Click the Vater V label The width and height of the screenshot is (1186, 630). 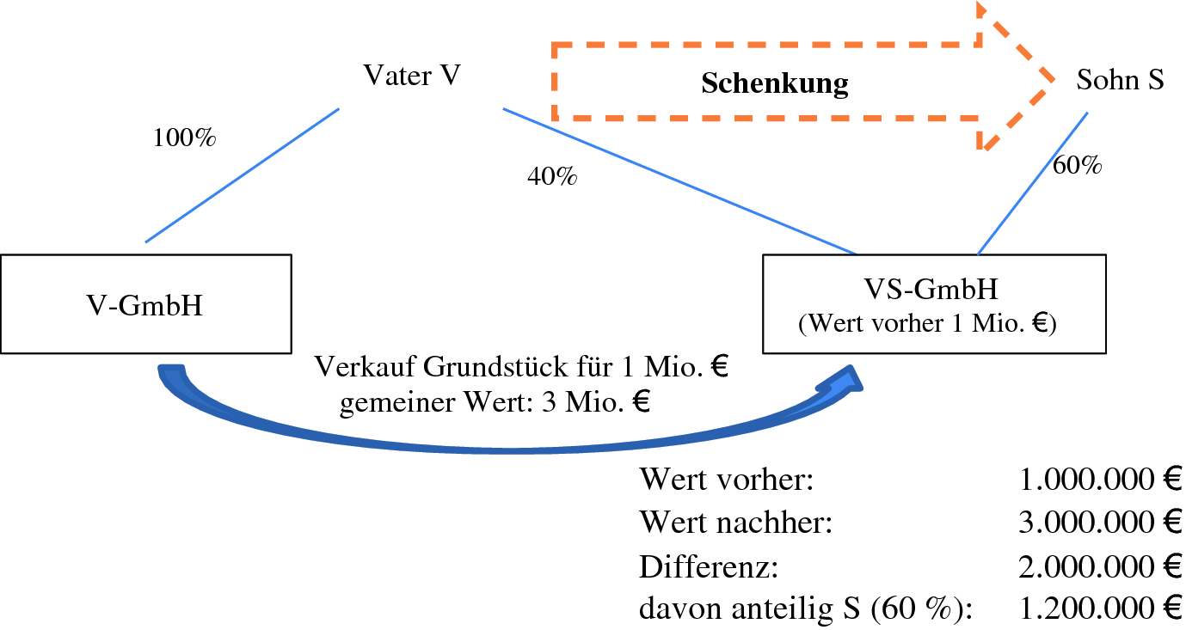click(x=413, y=76)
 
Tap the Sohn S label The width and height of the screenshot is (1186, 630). click(x=1120, y=81)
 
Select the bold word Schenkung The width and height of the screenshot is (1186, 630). click(x=775, y=84)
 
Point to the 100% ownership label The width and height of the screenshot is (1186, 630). click(x=184, y=138)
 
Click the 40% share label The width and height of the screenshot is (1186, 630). click(x=552, y=177)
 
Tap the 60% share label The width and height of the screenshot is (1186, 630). click(x=1078, y=166)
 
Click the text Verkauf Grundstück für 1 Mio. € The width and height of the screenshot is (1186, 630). click(x=522, y=368)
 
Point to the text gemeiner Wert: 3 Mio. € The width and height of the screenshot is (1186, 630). click(x=495, y=402)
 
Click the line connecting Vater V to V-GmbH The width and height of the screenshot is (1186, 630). click(x=242, y=175)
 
